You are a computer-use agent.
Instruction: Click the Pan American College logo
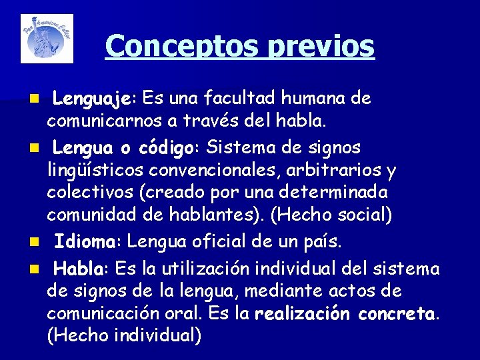47,39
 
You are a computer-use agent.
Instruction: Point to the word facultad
239,99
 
